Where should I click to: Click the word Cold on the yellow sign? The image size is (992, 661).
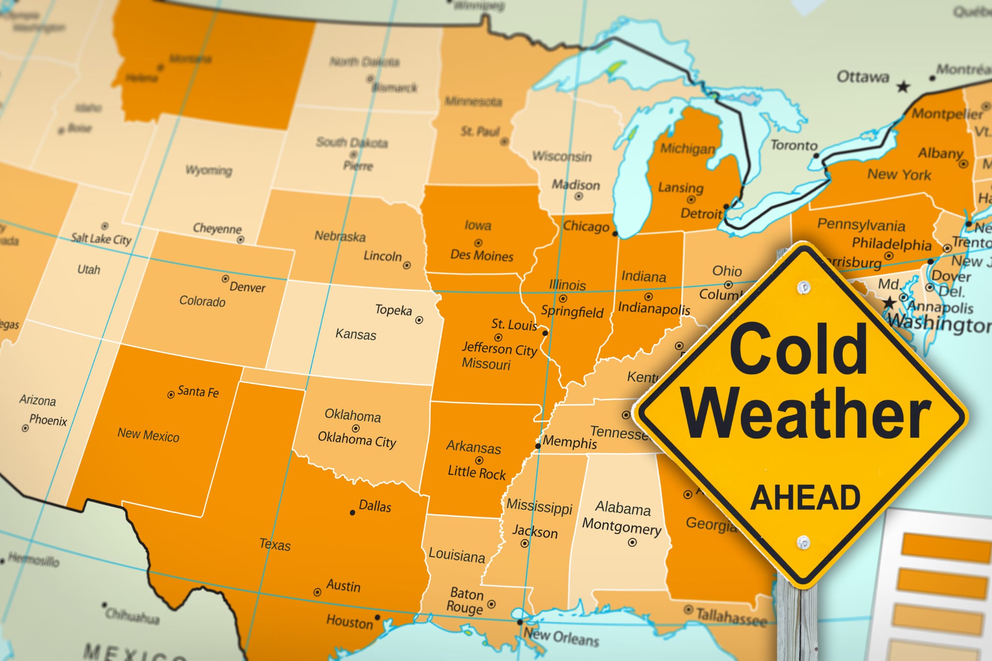coord(798,350)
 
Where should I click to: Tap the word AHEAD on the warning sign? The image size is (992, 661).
coord(805,498)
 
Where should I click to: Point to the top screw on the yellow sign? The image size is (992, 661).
coord(804,287)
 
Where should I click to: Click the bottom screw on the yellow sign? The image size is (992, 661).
coord(804,542)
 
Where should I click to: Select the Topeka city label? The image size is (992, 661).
coord(393,310)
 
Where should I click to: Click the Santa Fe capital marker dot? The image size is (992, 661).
coord(171,395)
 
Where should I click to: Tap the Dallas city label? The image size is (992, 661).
coord(374,506)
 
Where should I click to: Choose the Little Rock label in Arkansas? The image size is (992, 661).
coord(477,473)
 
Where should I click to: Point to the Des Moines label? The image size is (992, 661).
coord(482,256)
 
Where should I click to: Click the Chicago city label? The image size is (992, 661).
coord(586,227)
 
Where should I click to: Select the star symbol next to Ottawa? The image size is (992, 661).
coord(903,87)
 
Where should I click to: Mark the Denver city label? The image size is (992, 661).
coord(247,287)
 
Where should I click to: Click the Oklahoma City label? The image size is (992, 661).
coord(357,439)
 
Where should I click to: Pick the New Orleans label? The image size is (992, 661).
coord(561,637)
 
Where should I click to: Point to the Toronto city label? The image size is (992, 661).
coord(794,145)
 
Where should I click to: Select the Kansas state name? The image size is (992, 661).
coord(356,334)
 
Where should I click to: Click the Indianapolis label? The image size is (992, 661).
coord(654,308)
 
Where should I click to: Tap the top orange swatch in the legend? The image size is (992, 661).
coord(945,547)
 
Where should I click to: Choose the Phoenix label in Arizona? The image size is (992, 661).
coord(48,421)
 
